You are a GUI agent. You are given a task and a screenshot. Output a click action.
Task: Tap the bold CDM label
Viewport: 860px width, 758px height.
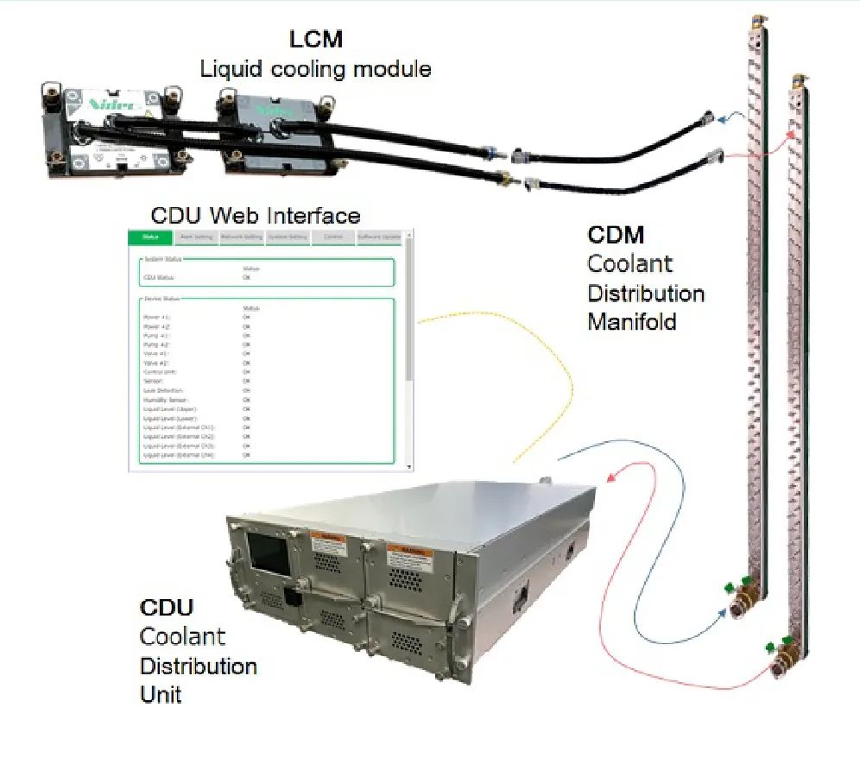[616, 235]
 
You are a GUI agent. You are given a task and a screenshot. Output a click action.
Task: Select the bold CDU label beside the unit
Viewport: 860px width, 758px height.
[167, 607]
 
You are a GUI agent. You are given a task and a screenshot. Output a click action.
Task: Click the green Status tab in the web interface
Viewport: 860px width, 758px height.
[149, 237]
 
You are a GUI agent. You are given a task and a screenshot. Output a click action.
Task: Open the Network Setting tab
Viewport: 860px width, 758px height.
[241, 237]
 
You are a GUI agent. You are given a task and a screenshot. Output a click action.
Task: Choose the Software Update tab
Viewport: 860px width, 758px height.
[379, 237]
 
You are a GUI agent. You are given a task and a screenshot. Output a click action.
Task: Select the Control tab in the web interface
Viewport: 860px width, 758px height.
[332, 237]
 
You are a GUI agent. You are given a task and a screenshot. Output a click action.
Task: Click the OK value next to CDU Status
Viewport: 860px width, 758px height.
[246, 278]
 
